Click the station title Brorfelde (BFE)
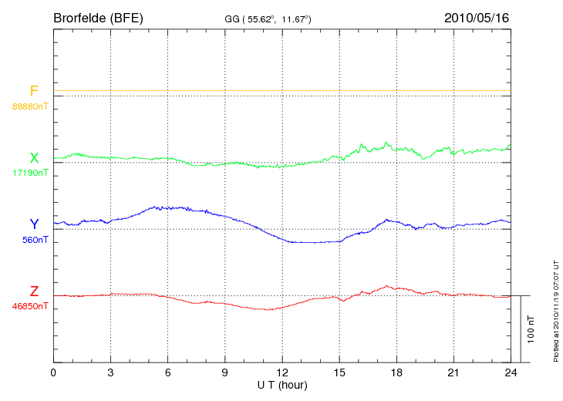[x=98, y=17]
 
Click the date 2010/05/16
[x=477, y=17]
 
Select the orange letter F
[x=34, y=91]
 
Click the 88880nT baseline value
[x=30, y=106]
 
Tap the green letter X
[x=34, y=158]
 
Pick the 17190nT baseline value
[x=30, y=173]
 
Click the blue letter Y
[x=34, y=224]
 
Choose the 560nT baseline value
[x=35, y=240]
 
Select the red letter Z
[x=34, y=291]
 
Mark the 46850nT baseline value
[x=30, y=306]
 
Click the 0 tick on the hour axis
[x=53, y=372]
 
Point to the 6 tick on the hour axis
[x=167, y=372]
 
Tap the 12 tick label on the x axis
[x=282, y=372]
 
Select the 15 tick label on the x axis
[x=339, y=372]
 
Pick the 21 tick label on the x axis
[x=453, y=372]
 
